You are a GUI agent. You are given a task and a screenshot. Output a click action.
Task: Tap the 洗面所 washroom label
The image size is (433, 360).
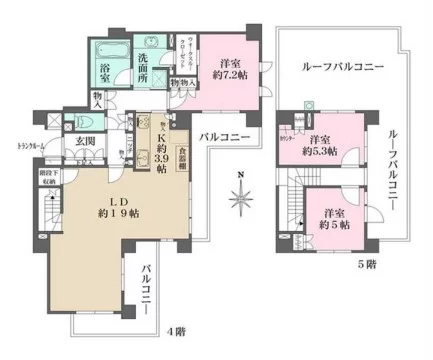pyautogui.click(x=148, y=74)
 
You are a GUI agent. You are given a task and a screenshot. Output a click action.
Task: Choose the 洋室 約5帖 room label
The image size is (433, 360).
pyautogui.click(x=333, y=219)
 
